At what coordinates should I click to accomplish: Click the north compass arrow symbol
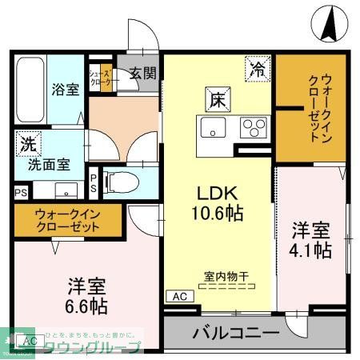coord(328,24)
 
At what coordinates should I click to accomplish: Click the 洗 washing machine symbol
coord(28,146)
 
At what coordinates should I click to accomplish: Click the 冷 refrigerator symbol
coord(257,70)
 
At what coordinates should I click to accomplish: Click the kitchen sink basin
coord(213,126)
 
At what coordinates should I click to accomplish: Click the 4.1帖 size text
coord(312,250)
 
